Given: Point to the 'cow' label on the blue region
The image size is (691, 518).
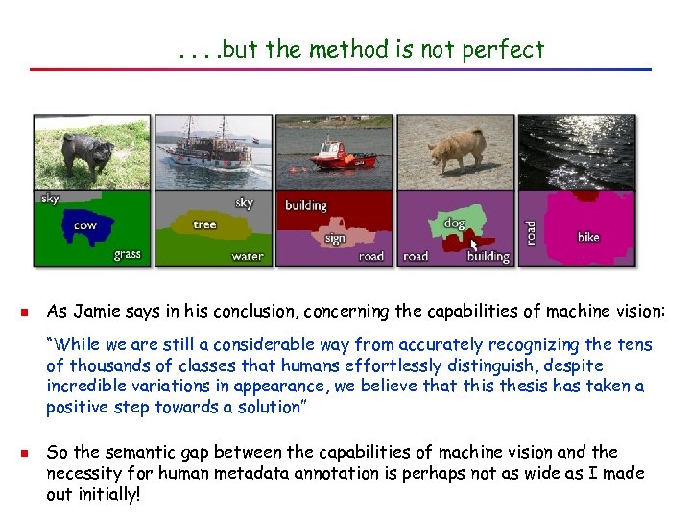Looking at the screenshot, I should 85,226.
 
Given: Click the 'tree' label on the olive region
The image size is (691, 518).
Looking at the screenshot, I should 204,224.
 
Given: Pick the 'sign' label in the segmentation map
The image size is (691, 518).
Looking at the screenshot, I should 335,238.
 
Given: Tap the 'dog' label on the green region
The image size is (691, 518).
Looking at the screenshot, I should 454,224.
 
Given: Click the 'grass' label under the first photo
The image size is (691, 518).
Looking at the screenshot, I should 127,254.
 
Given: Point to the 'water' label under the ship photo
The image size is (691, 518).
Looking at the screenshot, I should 247,256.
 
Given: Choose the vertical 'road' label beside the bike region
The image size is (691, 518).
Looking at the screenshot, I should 532,231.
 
